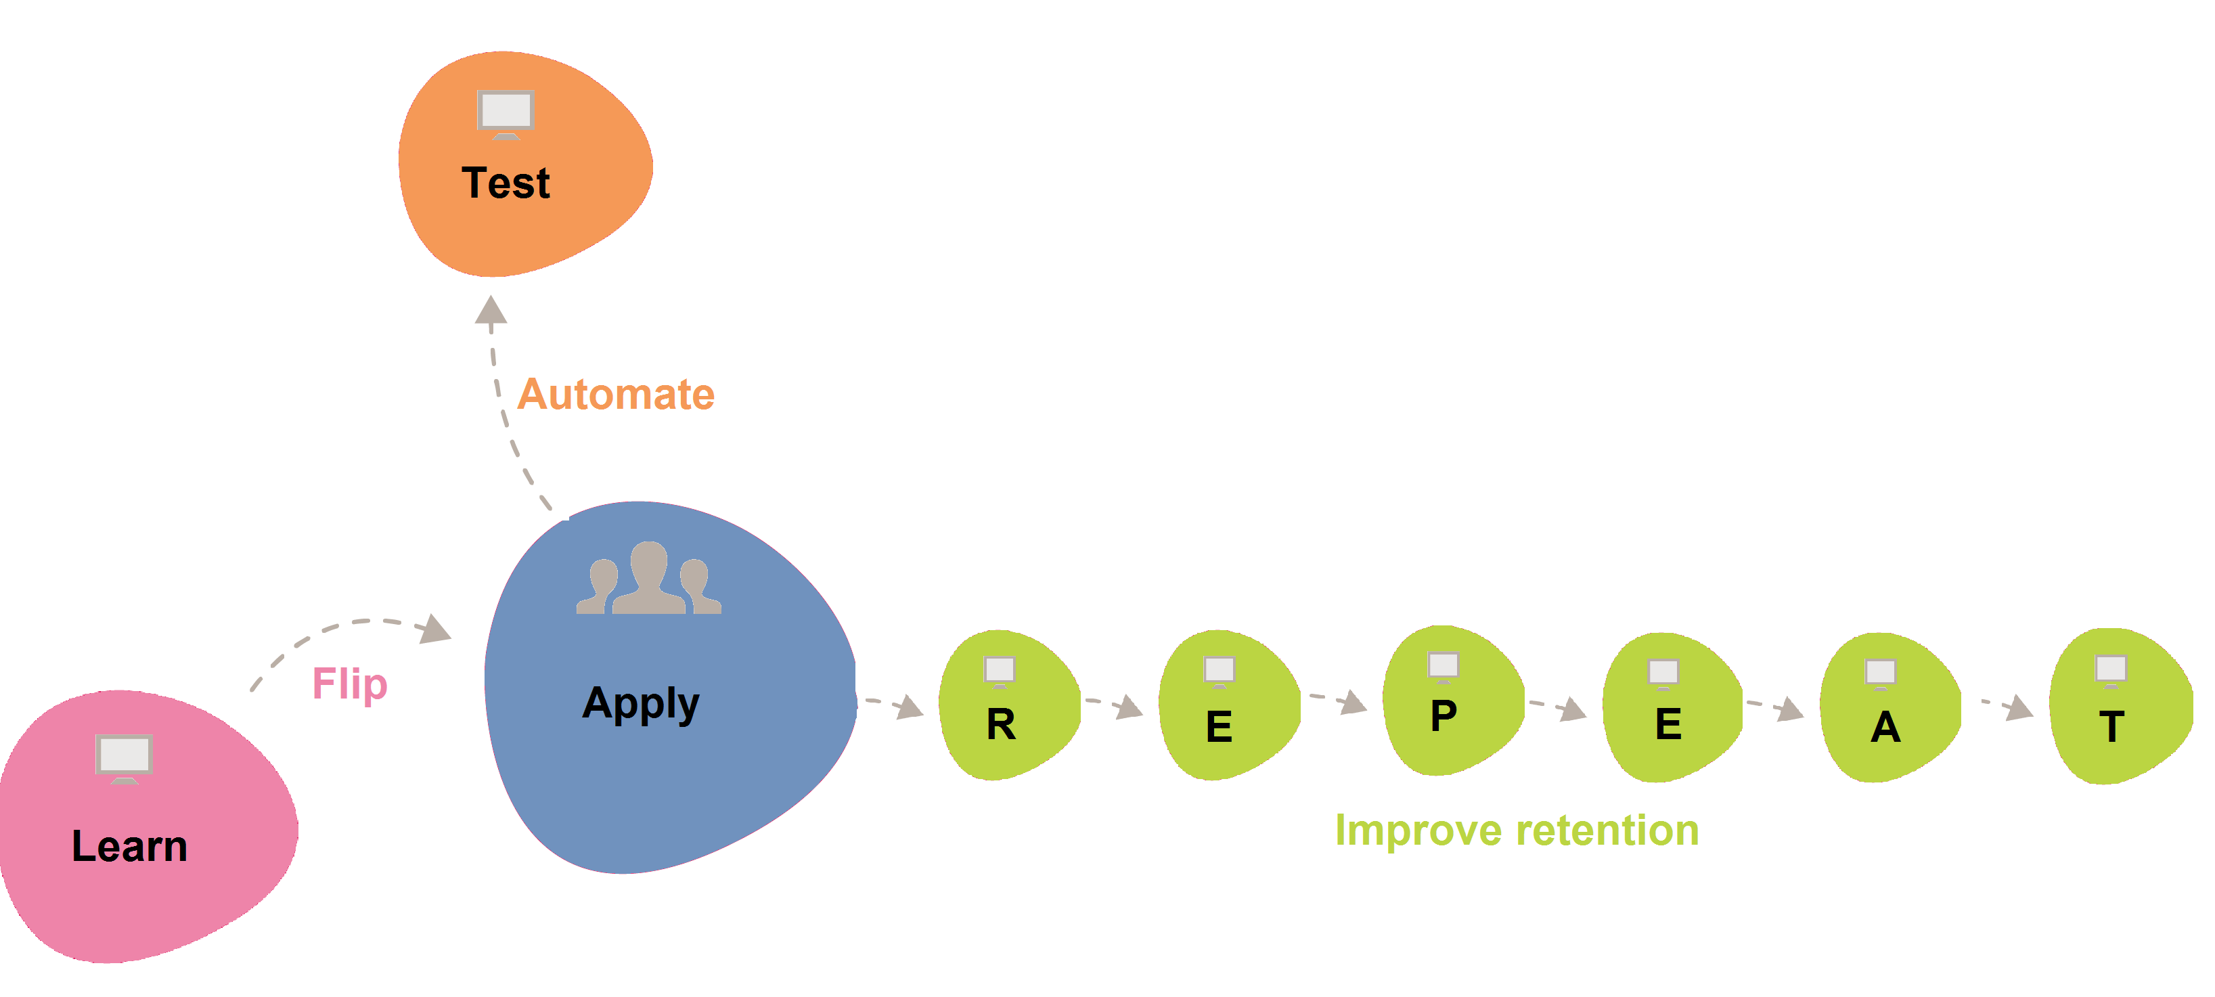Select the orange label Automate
[x=616, y=394]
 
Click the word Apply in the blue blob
[x=641, y=704]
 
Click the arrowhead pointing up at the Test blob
[x=491, y=310]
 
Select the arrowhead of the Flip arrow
[x=436, y=629]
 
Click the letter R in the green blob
[x=1001, y=724]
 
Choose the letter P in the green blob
[x=1444, y=715]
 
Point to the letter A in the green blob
[x=1885, y=727]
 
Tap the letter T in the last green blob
[x=2111, y=727]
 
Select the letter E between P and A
[x=1668, y=724]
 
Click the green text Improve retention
[x=1517, y=831]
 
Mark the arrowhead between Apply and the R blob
[x=910, y=708]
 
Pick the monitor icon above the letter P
[x=1444, y=667]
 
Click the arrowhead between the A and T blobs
[x=2020, y=709]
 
